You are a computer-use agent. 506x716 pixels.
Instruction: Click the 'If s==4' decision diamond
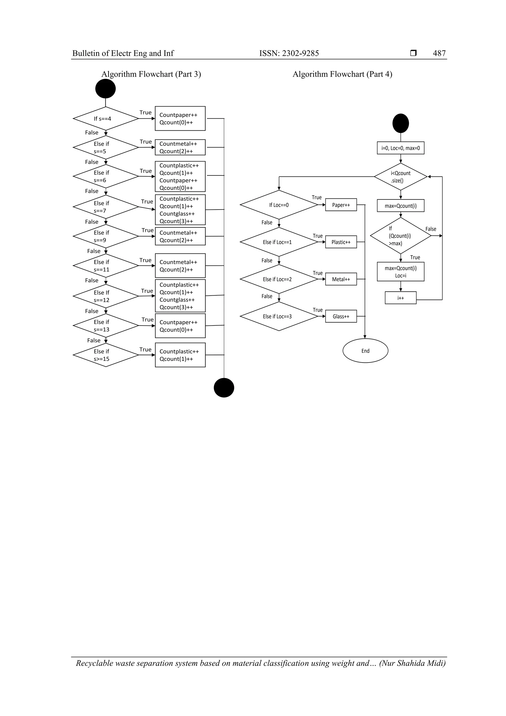106,118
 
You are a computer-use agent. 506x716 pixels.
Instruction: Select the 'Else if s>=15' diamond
106,355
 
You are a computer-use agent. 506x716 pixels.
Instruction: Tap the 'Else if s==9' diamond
106,236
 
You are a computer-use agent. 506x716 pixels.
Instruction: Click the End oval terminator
365,351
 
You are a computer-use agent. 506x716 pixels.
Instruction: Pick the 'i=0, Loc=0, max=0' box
401,148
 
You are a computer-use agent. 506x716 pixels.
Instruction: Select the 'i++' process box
401,298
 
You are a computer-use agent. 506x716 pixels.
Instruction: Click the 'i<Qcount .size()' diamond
401,177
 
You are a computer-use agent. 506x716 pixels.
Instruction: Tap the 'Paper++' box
341,205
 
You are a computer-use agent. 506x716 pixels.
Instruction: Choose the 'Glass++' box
341,316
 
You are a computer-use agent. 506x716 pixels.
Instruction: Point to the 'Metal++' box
341,279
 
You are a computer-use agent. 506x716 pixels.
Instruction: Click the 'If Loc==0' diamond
279,205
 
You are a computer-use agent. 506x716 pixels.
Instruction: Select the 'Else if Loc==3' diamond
279,316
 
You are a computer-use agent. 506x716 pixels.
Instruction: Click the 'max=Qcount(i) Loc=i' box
401,272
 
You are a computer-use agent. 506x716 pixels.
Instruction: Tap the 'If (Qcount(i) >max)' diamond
401,236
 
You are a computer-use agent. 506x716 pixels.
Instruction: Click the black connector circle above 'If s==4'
105,88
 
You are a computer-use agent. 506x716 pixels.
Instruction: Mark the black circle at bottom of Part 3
224,388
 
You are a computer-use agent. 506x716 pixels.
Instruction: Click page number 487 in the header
439,53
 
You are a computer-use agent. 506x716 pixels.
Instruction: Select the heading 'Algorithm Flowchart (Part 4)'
342,74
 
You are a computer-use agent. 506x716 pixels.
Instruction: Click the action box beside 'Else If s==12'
180,296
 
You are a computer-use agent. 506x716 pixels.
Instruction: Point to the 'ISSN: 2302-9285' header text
289,53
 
